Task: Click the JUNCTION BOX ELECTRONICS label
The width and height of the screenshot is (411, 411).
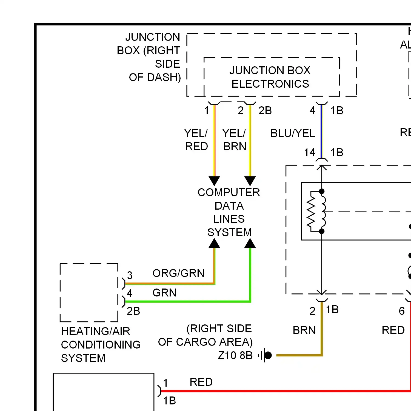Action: (270, 77)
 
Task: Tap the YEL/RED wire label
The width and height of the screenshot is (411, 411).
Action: (196, 140)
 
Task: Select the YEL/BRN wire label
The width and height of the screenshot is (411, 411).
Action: (235, 140)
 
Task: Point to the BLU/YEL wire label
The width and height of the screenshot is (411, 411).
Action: (293, 133)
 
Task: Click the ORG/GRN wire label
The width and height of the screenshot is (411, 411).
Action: (178, 273)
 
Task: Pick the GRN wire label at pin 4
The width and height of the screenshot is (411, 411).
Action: (164, 293)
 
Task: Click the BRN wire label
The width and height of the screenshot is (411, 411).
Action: (304, 330)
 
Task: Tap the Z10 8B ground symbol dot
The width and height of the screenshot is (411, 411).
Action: (268, 355)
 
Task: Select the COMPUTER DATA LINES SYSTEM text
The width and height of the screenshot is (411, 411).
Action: (229, 212)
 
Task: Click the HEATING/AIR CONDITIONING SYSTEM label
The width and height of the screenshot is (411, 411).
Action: (100, 344)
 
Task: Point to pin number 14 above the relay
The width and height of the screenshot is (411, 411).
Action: (310, 152)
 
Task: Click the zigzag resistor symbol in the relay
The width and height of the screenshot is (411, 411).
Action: (311, 211)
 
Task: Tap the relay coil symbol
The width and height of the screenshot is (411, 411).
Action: (323, 211)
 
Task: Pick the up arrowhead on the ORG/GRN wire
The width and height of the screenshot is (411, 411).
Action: (214, 243)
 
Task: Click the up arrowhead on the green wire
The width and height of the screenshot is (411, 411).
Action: (250, 243)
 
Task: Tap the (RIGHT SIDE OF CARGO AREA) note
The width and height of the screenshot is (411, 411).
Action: (206, 335)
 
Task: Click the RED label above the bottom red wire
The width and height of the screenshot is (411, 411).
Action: (201, 382)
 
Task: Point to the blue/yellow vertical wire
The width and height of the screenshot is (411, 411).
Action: (322, 132)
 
